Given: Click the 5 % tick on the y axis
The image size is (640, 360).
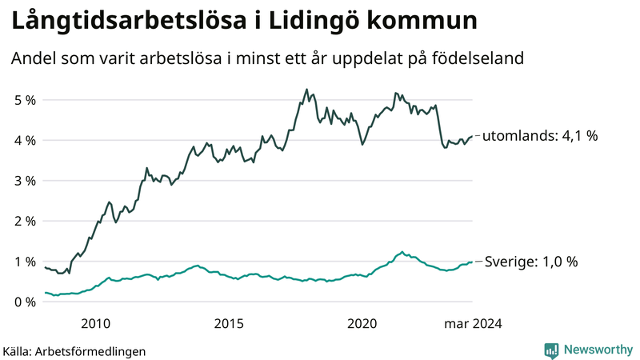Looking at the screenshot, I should [x=24, y=100].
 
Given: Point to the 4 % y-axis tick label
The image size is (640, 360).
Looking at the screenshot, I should [x=24, y=141].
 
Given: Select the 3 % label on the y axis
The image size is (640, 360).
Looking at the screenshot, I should [x=24, y=181].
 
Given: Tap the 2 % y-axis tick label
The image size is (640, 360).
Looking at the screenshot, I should [x=24, y=222].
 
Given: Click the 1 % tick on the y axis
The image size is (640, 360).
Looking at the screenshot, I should [x=24, y=262].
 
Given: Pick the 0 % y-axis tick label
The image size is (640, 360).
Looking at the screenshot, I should [x=24, y=302].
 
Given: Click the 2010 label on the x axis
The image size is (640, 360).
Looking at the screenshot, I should [x=95, y=323].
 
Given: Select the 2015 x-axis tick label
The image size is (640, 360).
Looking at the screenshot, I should [x=229, y=323].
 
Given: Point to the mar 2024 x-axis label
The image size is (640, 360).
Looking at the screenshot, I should [x=472, y=323].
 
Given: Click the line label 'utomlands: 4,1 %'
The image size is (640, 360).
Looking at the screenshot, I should [x=541, y=136].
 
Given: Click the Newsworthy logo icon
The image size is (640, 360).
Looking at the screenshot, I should [x=551, y=350].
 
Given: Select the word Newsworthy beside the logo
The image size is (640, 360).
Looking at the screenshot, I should [x=599, y=350].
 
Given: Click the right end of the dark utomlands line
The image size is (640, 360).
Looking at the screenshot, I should [x=473, y=136].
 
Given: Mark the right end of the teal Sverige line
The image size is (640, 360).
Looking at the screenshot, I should [x=473, y=262].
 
